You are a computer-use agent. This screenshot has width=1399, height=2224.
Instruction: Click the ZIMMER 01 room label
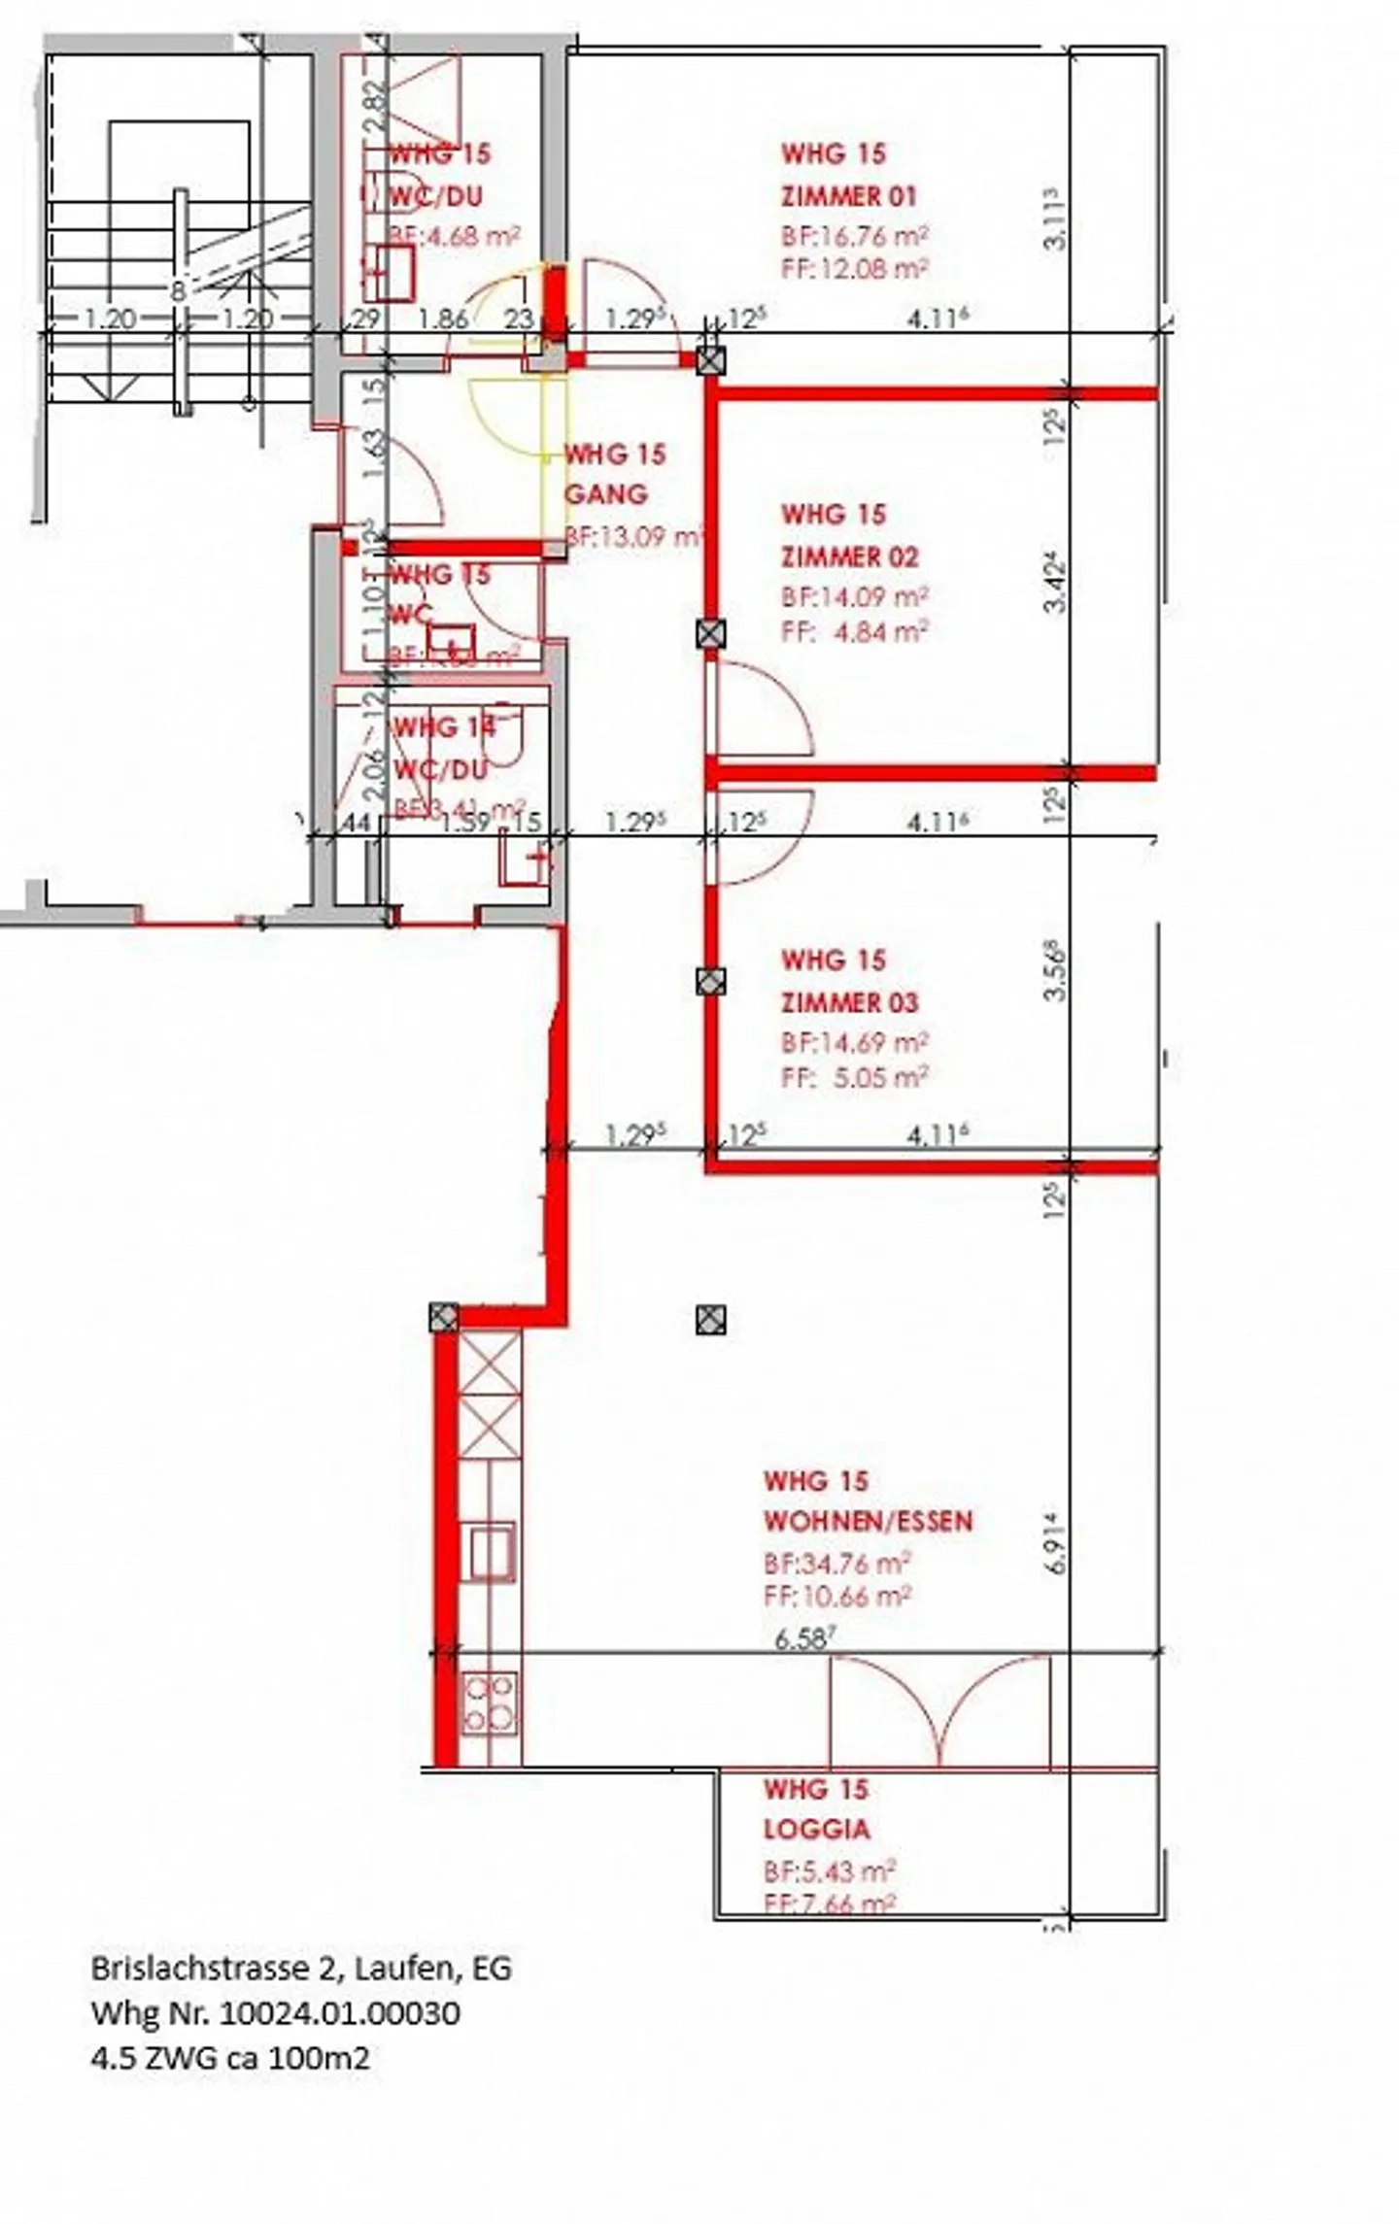(x=848, y=196)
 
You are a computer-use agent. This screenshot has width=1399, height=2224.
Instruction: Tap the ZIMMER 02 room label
(x=849, y=556)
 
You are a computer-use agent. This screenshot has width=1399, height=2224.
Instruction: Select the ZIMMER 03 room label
(x=849, y=1002)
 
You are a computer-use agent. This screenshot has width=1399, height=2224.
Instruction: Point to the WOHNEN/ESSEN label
(x=868, y=1521)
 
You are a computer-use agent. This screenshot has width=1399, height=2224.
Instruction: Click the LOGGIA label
(x=816, y=1830)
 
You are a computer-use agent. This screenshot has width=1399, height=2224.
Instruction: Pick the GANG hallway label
(x=605, y=494)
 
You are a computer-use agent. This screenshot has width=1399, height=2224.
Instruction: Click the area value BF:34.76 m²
(x=836, y=1563)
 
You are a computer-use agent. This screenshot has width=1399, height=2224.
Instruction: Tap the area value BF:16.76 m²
(x=854, y=236)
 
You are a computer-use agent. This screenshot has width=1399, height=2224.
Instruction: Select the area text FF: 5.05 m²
(x=854, y=1076)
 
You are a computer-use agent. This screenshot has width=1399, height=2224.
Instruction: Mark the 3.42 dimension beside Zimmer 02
(x=1057, y=584)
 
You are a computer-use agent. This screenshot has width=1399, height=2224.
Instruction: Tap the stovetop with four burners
(x=489, y=1703)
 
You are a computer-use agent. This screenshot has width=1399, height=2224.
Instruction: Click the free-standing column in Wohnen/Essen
(x=711, y=1320)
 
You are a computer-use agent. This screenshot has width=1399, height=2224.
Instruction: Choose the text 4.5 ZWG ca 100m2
(x=230, y=2057)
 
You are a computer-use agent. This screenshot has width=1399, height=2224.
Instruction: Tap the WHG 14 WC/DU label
(x=442, y=748)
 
